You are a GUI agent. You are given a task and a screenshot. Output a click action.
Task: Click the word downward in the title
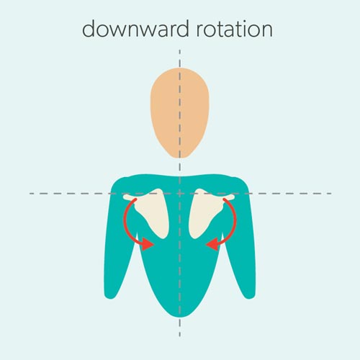pos(136,29)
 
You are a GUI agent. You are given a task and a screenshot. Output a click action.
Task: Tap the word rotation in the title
pos(235,29)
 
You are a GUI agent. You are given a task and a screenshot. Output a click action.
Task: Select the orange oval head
pos(180,113)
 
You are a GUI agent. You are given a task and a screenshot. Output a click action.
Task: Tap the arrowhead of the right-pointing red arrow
pos(147,244)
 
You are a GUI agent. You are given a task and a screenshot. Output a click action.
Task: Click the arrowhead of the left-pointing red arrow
pos(212,244)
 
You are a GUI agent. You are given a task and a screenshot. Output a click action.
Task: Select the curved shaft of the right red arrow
pos(233,222)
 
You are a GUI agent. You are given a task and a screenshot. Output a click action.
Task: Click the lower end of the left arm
pos(109,296)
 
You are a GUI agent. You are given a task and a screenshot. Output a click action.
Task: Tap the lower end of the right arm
pos(250,296)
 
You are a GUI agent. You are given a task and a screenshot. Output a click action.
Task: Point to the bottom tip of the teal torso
pos(180,317)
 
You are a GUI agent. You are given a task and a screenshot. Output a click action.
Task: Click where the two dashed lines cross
pos(180,193)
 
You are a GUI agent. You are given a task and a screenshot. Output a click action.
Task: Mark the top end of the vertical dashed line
pos(180,50)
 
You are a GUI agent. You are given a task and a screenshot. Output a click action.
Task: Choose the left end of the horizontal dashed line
pos(30,193)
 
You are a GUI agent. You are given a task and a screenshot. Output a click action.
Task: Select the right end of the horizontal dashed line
pos(331,193)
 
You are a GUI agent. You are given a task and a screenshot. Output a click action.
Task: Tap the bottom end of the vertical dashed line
pos(180,336)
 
